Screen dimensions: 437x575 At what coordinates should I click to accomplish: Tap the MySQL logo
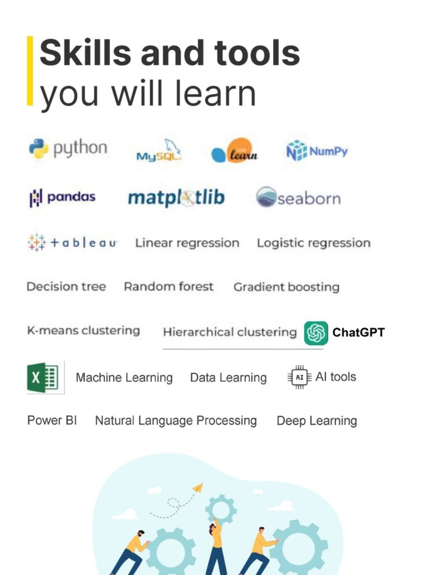(159, 150)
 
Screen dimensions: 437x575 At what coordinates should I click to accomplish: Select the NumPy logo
(317, 150)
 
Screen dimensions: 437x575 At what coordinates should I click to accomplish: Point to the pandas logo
(62, 197)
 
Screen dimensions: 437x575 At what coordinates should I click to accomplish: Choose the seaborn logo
(298, 198)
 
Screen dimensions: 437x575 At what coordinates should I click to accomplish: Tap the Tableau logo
(72, 243)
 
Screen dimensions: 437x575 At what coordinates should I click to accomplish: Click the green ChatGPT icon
(316, 333)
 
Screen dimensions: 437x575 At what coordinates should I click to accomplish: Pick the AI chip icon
(300, 377)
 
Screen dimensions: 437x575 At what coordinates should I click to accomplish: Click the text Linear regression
(187, 243)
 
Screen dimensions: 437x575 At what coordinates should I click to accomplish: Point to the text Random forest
(168, 286)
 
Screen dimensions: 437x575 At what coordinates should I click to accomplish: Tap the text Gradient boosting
(287, 287)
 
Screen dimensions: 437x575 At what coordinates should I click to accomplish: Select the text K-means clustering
(84, 330)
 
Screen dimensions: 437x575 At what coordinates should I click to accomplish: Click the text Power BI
(52, 420)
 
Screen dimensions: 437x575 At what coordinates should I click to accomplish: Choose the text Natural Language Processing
(176, 421)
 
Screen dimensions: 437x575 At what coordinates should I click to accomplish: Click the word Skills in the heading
(85, 53)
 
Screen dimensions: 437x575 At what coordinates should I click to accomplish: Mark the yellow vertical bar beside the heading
(30, 71)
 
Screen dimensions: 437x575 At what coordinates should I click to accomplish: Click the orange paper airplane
(198, 487)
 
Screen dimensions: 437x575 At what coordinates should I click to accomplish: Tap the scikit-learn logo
(234, 150)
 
